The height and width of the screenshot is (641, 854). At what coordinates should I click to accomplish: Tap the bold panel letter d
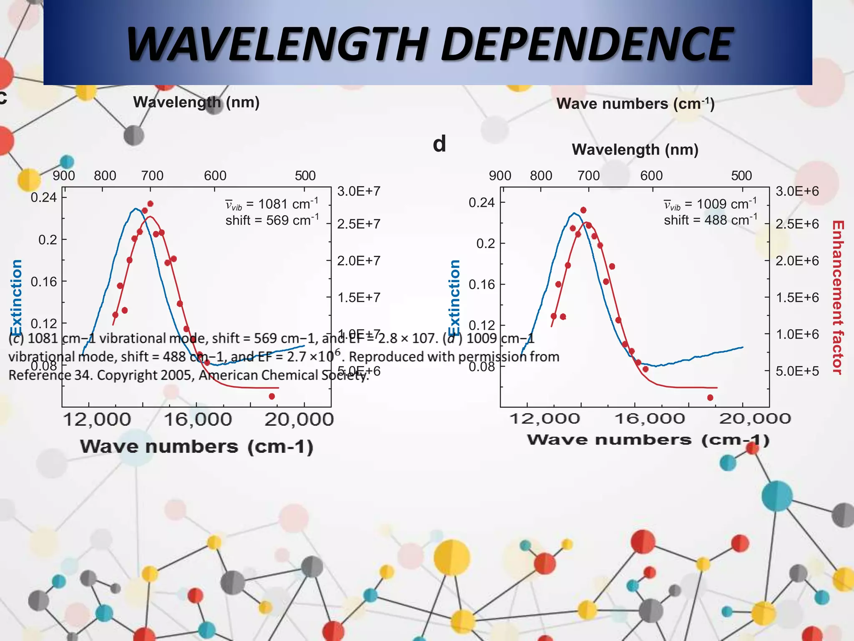pos(439,144)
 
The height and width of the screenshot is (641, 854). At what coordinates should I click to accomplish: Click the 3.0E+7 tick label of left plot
pos(359,192)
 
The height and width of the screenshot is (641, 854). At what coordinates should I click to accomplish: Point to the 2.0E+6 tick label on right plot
pos(797,261)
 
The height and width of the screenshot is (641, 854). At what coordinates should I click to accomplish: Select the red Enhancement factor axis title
pos(838,297)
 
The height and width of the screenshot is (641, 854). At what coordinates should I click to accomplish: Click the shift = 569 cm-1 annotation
pos(272,220)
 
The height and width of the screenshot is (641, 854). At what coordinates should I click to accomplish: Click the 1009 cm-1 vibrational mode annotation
pos(710,204)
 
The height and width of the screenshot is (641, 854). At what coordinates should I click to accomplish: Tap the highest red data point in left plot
pos(151,204)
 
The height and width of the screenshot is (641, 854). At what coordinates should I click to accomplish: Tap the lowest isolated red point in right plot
pos(710,398)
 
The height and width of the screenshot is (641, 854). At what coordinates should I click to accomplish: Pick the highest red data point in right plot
pos(583,210)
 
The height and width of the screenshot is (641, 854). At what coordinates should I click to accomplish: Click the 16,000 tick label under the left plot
pos(198,419)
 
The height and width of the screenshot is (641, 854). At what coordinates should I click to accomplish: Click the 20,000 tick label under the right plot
pos(755,419)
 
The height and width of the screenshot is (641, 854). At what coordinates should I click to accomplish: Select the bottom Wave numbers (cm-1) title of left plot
pos(196,447)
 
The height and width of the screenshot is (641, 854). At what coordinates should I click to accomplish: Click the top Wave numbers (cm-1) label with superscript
pos(635,103)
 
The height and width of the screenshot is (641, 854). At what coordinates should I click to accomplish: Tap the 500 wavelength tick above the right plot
pos(741,176)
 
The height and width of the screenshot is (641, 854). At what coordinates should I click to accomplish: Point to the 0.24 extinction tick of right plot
pos(481,203)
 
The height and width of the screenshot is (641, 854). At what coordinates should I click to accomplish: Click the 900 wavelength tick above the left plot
pos(64,176)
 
